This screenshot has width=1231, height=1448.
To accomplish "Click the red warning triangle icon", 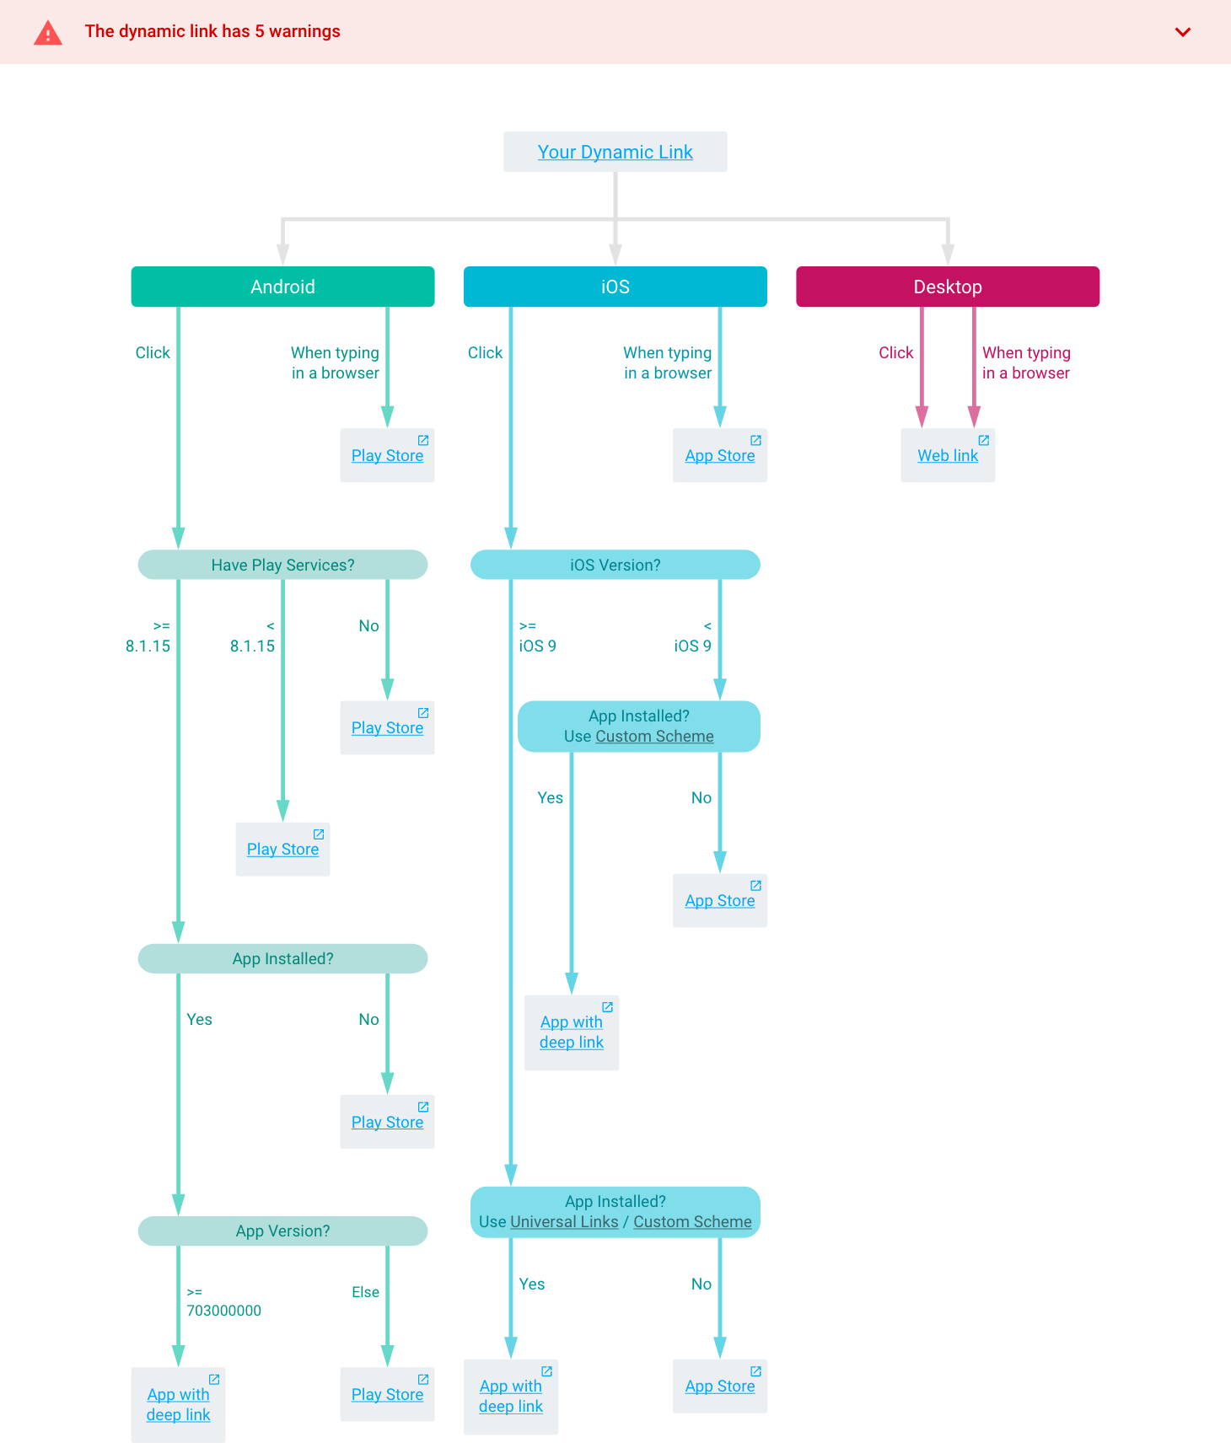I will coord(48,32).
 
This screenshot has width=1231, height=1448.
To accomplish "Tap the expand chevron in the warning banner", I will coord(1183,32).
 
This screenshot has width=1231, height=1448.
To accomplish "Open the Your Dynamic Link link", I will coord(615,152).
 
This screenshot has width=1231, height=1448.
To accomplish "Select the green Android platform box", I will coord(282,287).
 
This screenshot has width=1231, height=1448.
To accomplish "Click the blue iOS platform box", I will coord(615,287).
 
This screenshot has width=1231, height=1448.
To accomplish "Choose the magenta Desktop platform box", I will coord(947,287).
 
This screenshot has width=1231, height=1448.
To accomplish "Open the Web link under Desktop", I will coord(948,456).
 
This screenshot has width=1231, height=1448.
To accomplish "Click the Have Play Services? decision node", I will coord(282,565).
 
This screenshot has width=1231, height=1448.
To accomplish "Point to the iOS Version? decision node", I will coord(615,565).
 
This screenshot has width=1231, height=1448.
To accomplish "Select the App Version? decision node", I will coord(282,1231).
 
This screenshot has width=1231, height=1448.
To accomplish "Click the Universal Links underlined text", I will coord(564,1222).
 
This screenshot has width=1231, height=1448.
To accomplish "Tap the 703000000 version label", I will coord(223,1311).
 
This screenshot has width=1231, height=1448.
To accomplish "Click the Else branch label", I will coord(365,1292).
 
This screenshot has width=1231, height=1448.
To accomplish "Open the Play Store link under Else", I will coord(387,1395).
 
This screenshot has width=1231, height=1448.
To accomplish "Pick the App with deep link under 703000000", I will coord(178,1405).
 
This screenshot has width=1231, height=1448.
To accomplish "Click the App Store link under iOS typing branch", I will coord(719,456).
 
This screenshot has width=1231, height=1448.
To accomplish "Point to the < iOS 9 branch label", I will coord(693,636).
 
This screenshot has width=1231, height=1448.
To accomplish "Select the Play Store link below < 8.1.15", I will coord(282,850).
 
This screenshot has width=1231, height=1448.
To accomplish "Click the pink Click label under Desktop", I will coord(895,352).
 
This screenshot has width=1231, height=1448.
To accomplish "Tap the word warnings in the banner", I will coord(304,31).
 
